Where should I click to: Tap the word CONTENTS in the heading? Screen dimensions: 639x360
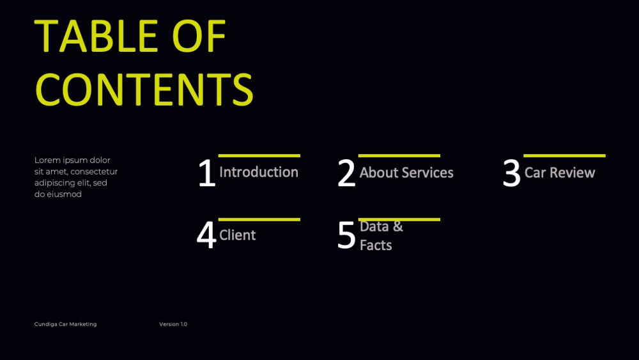pos(144,90)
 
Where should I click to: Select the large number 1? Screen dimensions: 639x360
pos(206,173)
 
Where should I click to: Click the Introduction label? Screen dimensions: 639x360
pos(259,172)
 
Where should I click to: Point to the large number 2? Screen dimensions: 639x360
pos(347,173)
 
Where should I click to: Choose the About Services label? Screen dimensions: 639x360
pos(406,173)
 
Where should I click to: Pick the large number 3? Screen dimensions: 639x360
pos(512,173)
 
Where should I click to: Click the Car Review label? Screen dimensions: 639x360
pos(560,173)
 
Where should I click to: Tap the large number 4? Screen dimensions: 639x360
pos(206,235)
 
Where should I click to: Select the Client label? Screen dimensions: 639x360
pos(238,235)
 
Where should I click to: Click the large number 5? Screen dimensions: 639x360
pos(347,235)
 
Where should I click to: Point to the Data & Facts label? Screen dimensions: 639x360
pos(381,236)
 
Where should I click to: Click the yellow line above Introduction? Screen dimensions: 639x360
pos(259,156)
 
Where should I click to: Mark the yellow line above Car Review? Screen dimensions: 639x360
pos(564,156)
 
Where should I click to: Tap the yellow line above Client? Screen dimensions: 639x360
pos(259,220)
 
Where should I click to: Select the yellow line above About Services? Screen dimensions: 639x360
pos(399,156)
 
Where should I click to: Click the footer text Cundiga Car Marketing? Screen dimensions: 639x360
pos(66,324)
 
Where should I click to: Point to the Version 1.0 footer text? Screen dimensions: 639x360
pos(173,324)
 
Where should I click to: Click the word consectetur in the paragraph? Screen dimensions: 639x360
pos(94,171)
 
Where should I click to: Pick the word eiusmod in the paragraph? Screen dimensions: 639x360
pos(65,194)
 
